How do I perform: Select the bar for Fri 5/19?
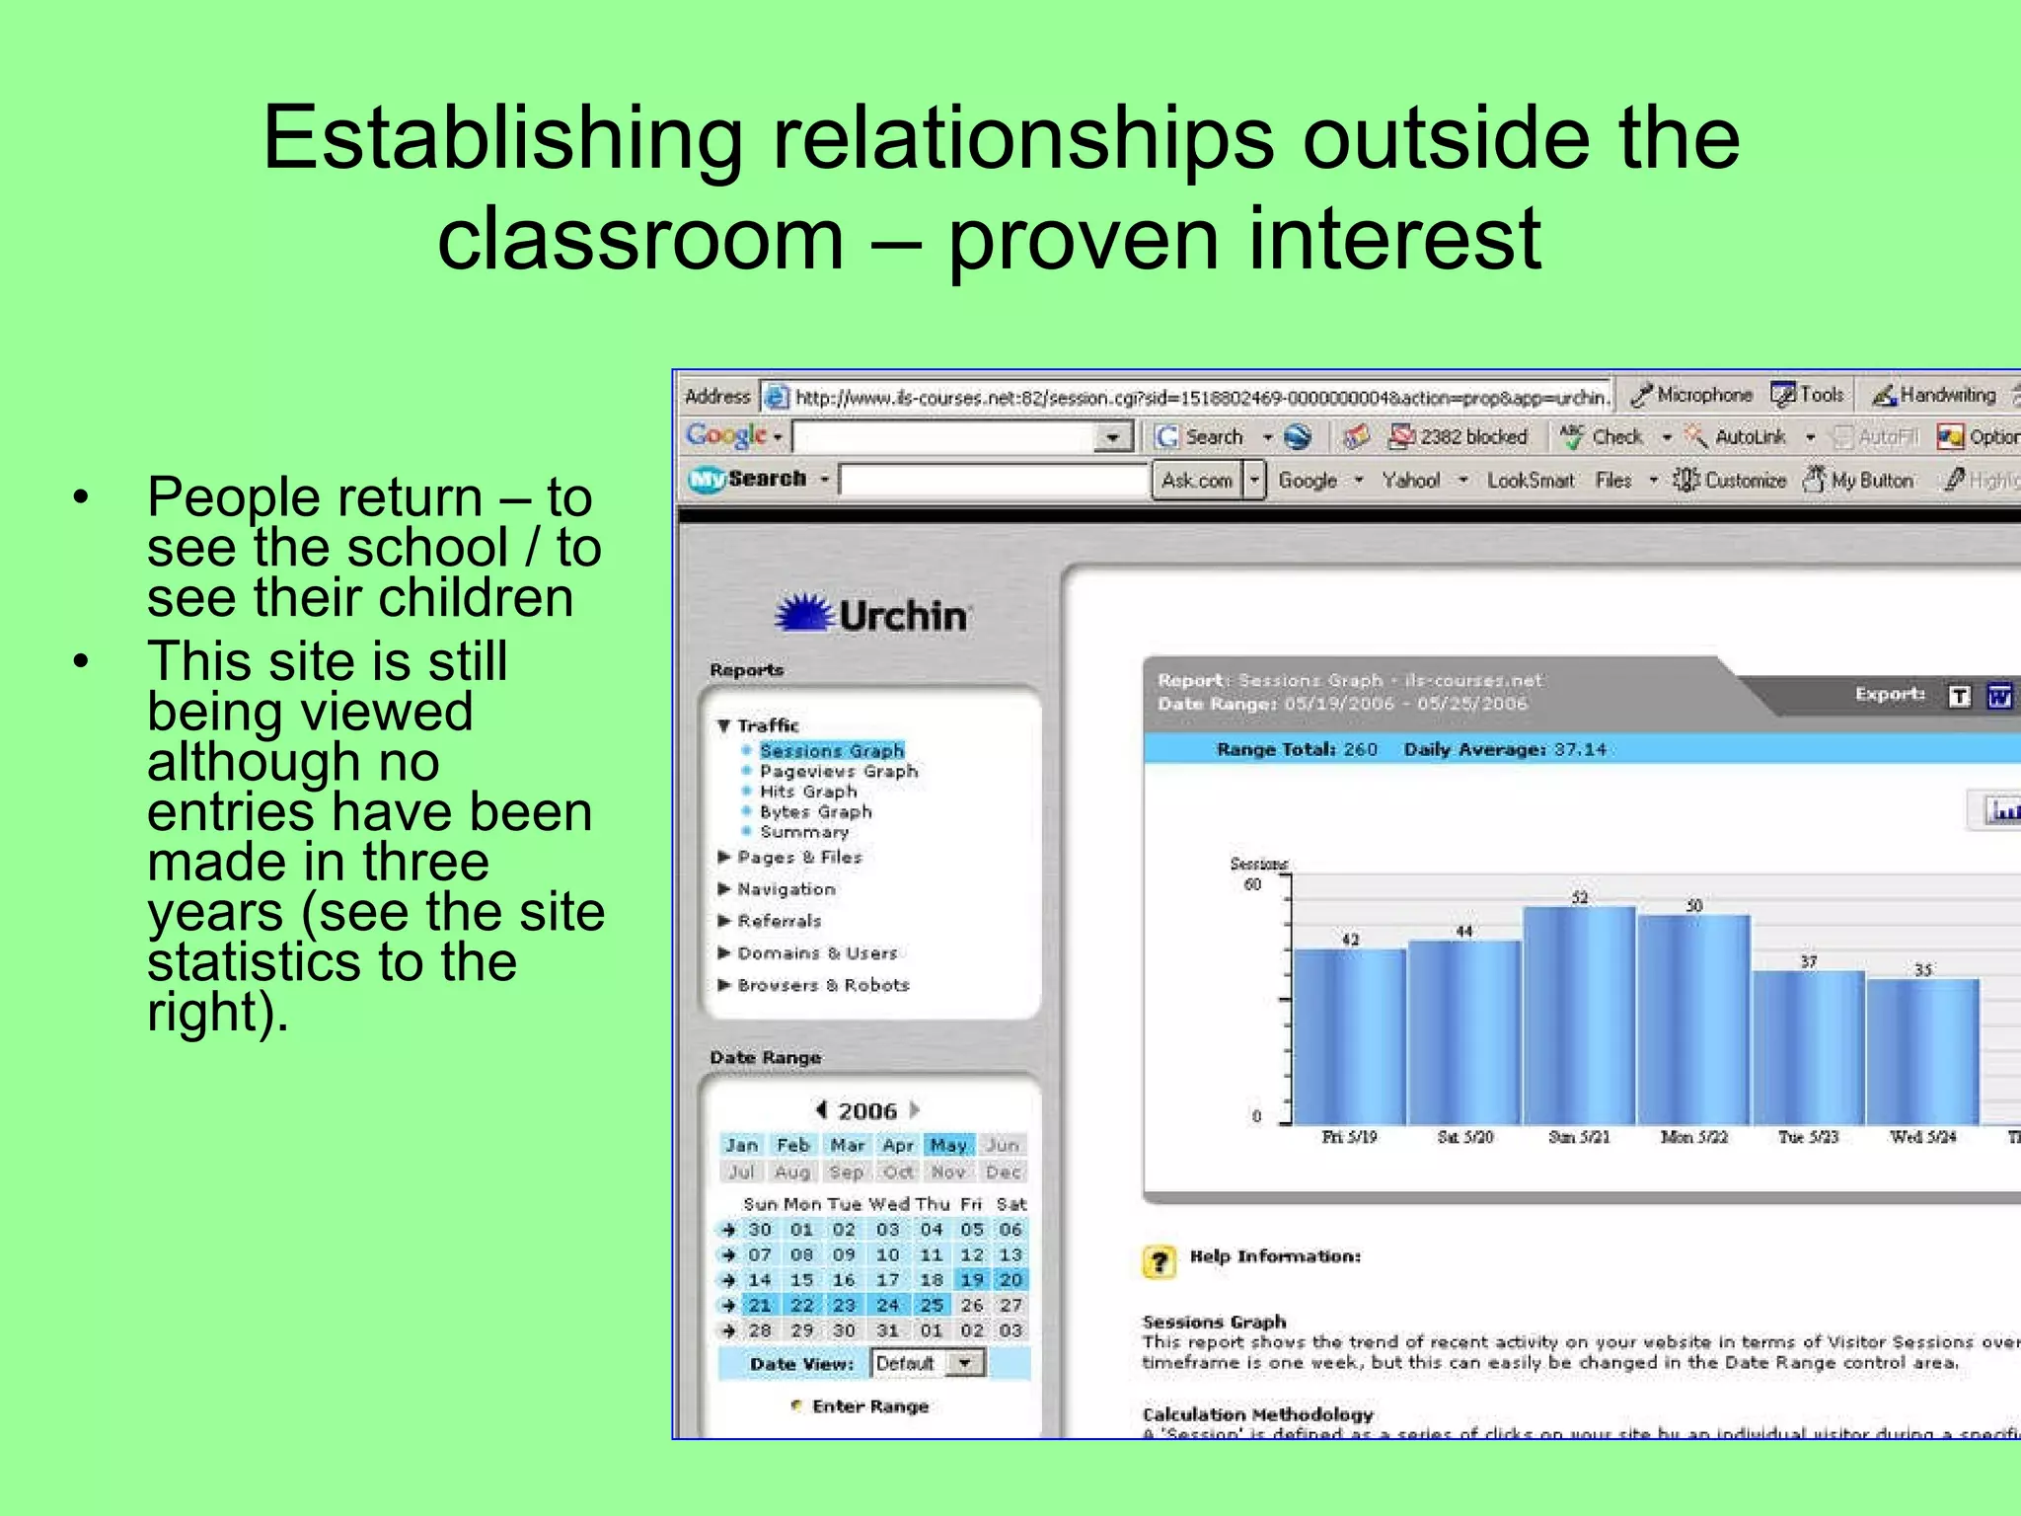click(1349, 1036)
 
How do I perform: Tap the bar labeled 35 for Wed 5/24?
click(1922, 1051)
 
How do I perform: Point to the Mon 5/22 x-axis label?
click(1693, 1137)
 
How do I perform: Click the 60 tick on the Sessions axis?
click(1252, 884)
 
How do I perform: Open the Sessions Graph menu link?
click(831, 751)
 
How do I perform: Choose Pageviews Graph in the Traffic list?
click(838, 772)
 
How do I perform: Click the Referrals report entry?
click(779, 921)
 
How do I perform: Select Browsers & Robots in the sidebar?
click(822, 985)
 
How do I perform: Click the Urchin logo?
click(872, 615)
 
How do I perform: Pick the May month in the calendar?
click(948, 1145)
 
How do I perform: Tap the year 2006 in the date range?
click(867, 1111)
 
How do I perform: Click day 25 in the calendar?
click(932, 1305)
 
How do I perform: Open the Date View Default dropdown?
click(965, 1363)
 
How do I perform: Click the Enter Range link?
click(869, 1406)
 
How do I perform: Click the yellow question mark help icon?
click(1160, 1261)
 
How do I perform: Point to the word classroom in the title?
click(640, 239)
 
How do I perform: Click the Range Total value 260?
click(1360, 750)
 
